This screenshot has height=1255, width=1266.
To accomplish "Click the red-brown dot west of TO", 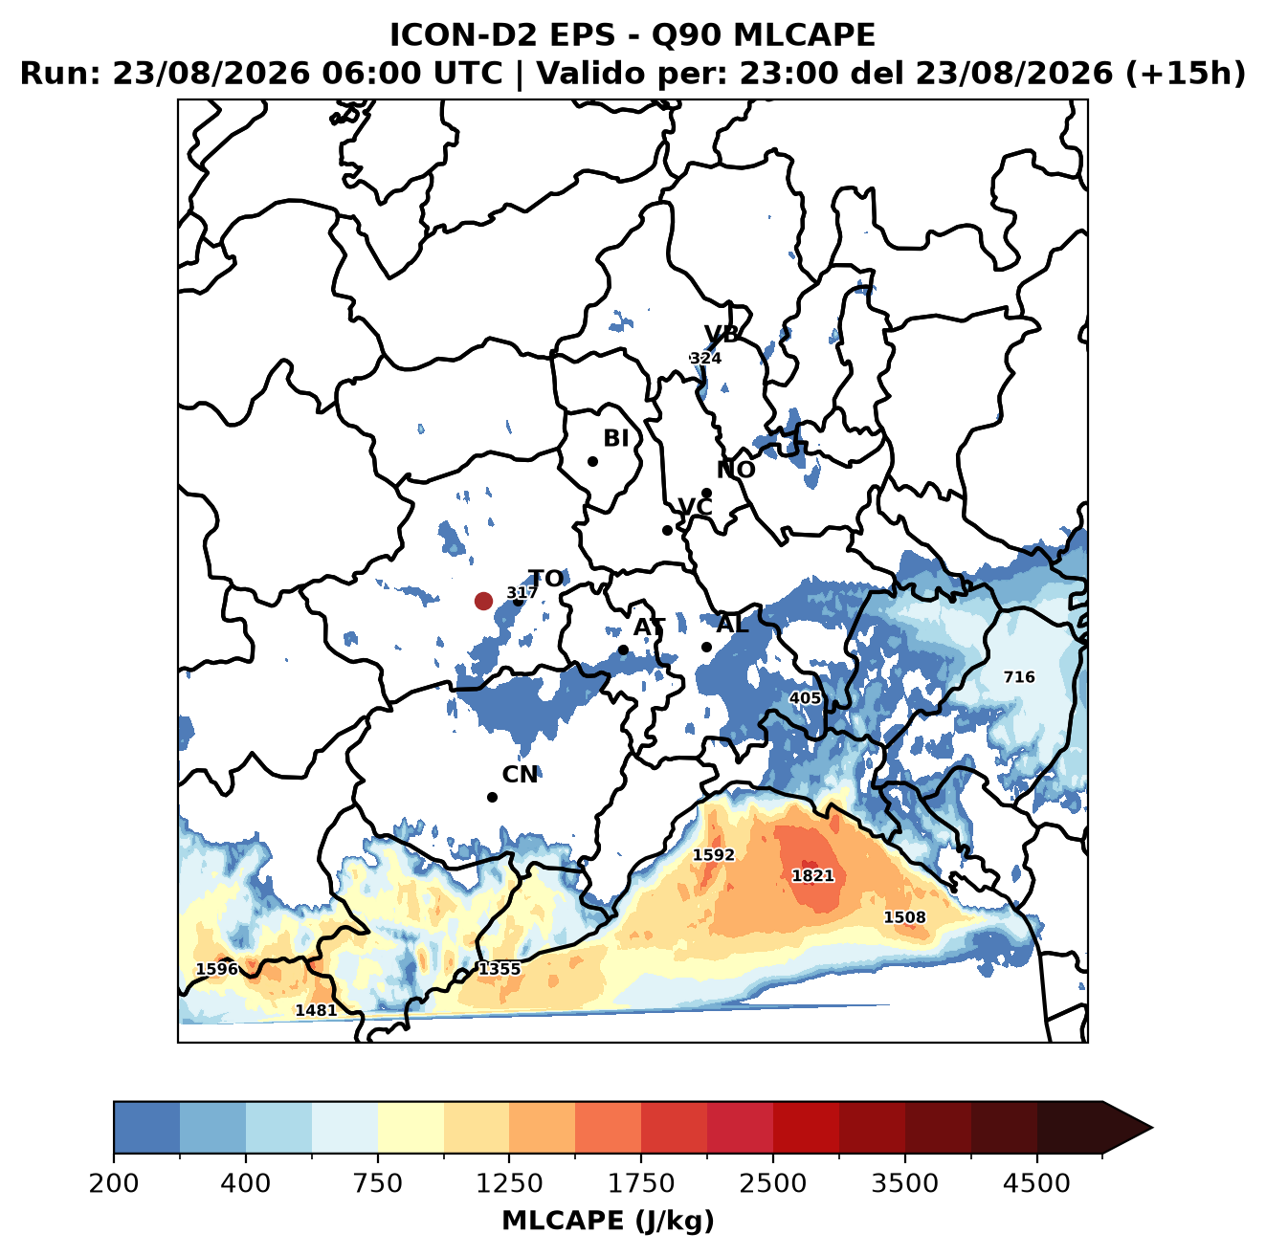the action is point(483,601).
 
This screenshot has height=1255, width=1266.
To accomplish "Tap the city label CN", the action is point(520,775).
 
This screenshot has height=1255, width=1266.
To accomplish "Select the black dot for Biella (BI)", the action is point(592,462).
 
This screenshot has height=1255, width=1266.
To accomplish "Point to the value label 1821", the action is point(812,875).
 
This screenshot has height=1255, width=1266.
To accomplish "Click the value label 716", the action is point(1019,676).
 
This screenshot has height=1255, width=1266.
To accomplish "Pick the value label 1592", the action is point(714,854).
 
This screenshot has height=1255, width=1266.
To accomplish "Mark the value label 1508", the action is point(904,916).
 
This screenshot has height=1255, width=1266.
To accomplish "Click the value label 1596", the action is point(217,969).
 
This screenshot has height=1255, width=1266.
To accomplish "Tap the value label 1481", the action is point(316,1010).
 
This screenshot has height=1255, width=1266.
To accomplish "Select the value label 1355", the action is point(500,969).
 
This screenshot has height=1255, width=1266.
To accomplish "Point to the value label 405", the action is point(805,698).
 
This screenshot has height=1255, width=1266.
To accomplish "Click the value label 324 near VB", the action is point(705,358).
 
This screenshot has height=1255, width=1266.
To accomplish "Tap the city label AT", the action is point(649,627).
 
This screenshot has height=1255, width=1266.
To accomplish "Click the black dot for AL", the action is point(706,647).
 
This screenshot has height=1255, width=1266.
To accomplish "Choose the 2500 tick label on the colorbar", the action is point(772,1183).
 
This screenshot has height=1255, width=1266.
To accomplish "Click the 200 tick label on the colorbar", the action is point(114,1183).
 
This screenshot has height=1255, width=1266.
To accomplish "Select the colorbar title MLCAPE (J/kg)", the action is point(608,1222).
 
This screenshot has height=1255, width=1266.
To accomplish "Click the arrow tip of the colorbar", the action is point(1152,1129).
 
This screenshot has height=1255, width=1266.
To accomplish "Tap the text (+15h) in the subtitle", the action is point(1186,74).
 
